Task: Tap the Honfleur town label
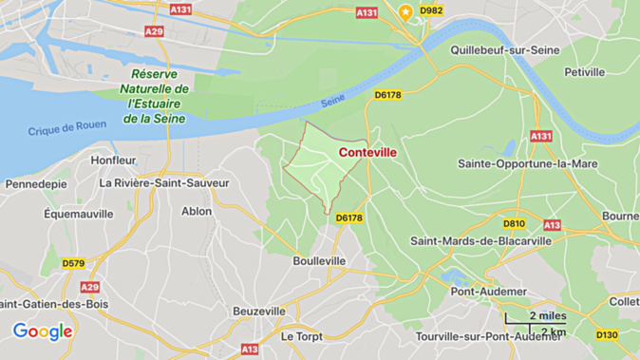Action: [114, 160]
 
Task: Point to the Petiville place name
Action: [585, 71]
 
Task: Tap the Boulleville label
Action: [319, 260]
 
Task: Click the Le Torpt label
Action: [301, 335]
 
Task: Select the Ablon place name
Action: [197, 211]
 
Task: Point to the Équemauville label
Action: [79, 214]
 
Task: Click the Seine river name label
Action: [332, 101]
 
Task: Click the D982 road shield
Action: [431, 10]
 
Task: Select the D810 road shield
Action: [514, 224]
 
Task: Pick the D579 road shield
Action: [74, 263]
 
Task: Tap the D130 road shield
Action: [608, 334]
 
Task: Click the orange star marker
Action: [406, 12]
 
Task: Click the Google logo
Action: [43, 332]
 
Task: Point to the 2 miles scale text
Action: [547, 315]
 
